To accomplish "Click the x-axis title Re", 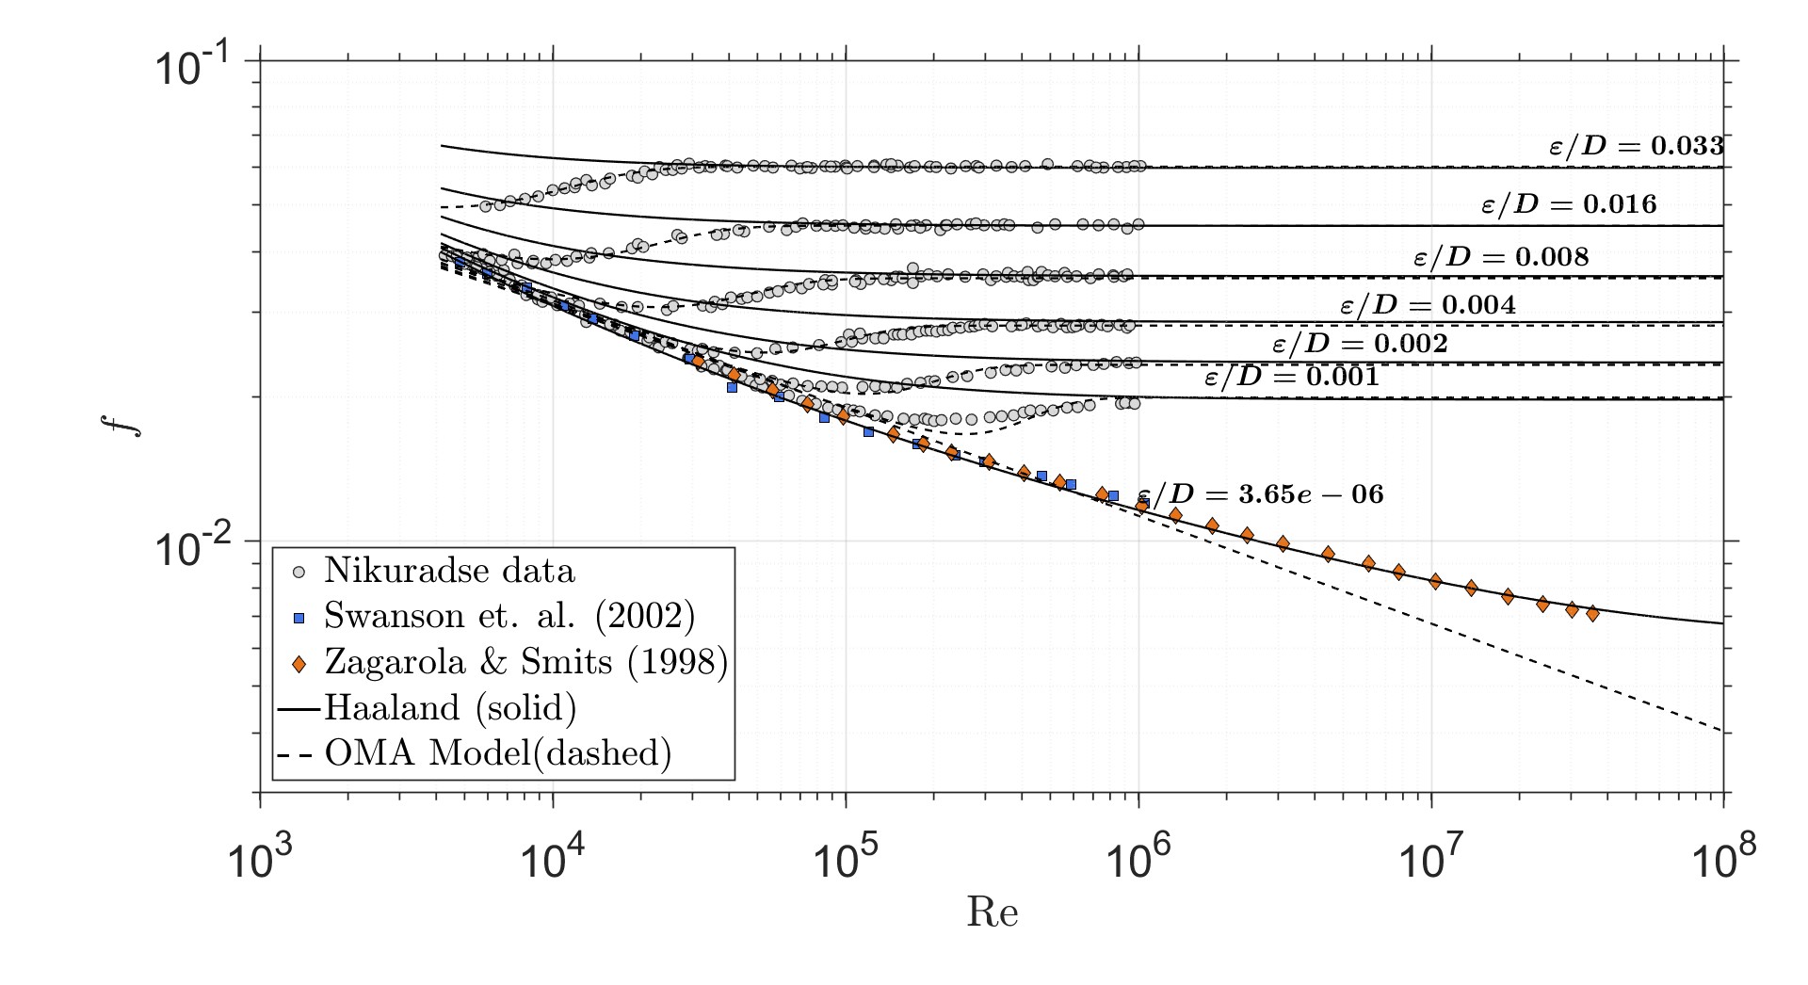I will point(992,912).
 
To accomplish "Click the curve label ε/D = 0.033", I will point(1636,146).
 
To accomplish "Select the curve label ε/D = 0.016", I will point(1569,204).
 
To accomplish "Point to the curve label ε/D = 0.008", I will point(1501,257).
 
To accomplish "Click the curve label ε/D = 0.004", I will point(1428,305).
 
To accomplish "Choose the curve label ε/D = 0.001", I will point(1292,378).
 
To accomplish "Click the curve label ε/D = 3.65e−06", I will point(1262,494).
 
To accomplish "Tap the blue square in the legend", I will point(299,618).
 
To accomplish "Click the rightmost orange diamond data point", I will point(1592,614).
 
